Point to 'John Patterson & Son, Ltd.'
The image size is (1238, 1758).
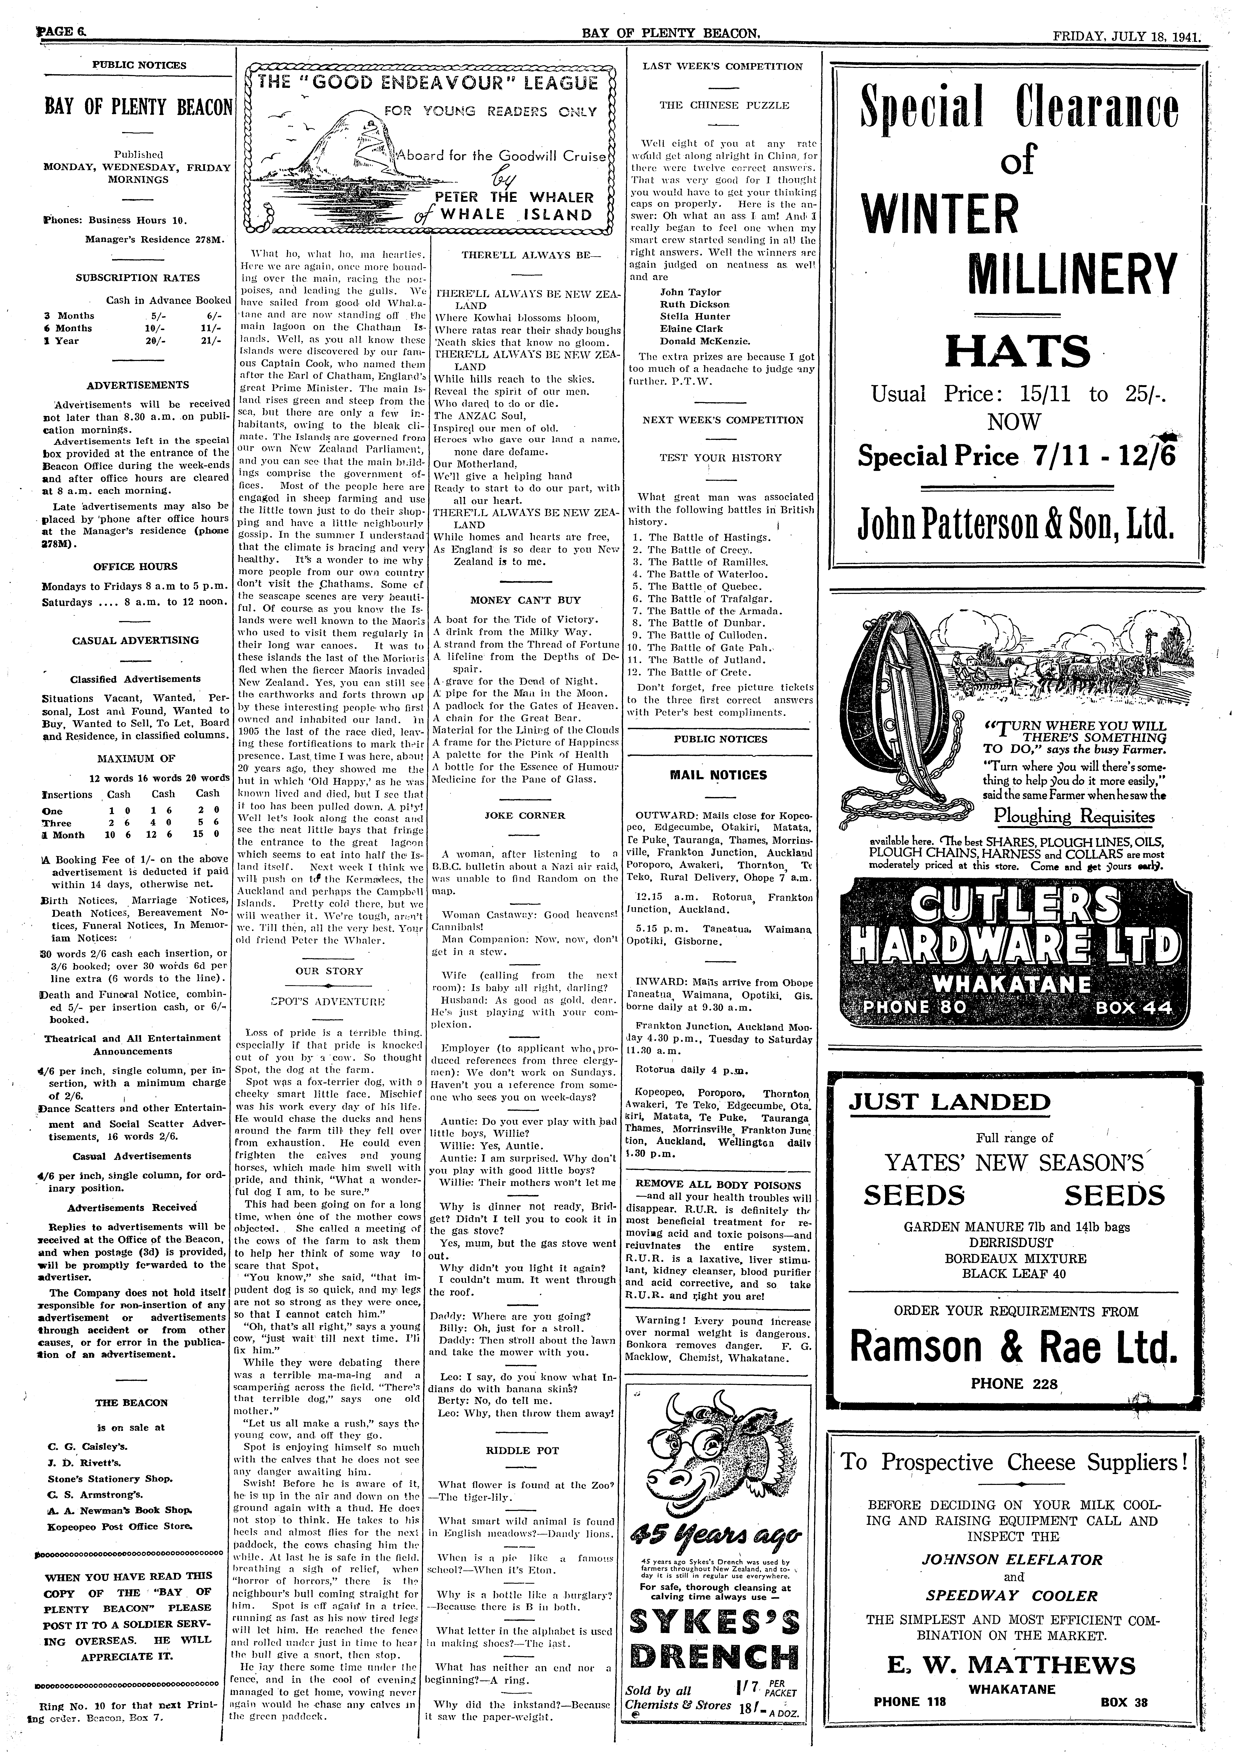(x=1016, y=525)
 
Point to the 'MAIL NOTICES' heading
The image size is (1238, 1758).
(x=718, y=775)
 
